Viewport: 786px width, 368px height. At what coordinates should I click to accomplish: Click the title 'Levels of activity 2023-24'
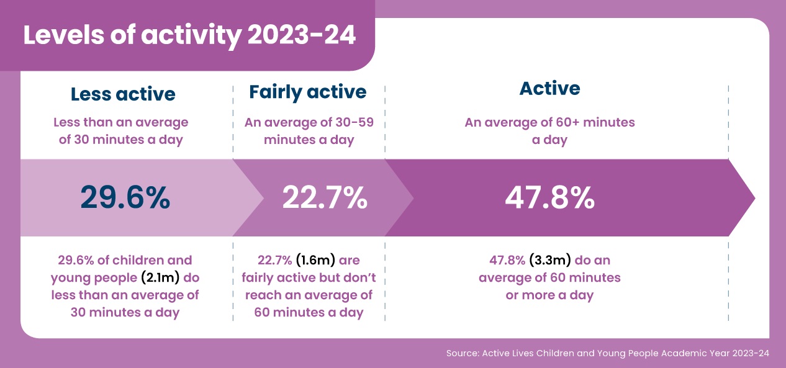click(189, 35)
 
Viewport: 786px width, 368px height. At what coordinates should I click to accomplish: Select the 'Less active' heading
click(123, 94)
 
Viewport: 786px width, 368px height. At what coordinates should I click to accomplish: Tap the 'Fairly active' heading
click(308, 92)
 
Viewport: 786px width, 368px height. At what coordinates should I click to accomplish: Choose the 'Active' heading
click(549, 88)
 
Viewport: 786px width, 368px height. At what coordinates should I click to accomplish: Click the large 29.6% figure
click(125, 197)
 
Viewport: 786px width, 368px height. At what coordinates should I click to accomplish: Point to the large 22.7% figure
click(325, 197)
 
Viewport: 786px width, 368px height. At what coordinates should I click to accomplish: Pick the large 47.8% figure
click(549, 197)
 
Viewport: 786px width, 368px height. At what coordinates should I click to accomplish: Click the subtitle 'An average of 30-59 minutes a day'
click(309, 131)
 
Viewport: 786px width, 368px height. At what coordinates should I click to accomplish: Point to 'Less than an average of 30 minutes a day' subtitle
click(121, 131)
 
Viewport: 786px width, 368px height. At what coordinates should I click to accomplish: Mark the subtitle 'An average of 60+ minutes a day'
click(549, 131)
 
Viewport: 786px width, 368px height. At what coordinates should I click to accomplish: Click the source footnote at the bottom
click(607, 353)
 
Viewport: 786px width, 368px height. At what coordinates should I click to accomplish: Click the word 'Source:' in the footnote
click(461, 353)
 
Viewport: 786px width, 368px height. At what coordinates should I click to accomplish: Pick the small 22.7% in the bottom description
click(274, 260)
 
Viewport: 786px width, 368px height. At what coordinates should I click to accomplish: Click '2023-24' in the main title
click(302, 35)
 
